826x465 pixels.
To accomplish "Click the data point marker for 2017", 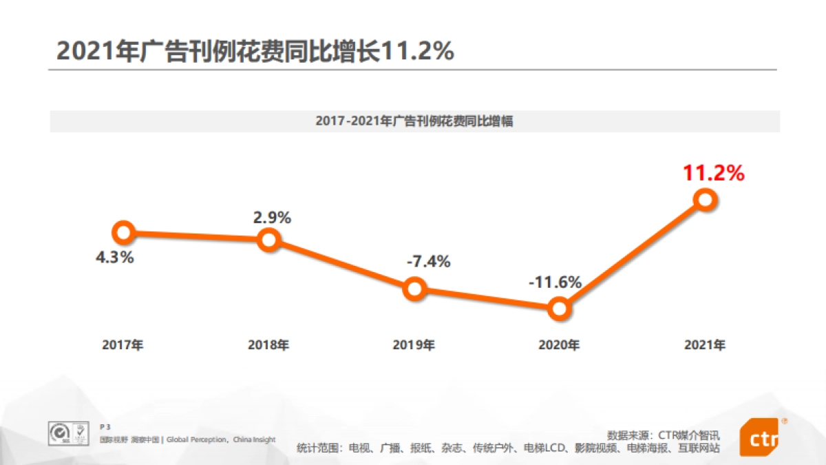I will tap(123, 233).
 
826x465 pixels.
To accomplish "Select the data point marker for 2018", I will tap(269, 240).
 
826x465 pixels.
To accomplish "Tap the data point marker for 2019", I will tap(414, 289).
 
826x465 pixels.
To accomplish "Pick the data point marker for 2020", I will tap(560, 309).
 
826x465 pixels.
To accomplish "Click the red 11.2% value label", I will tap(713, 174).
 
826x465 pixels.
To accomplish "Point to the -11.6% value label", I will tap(555, 282).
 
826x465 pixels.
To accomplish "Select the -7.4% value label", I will tap(428, 262).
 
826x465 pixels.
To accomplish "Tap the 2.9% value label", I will tap(272, 218).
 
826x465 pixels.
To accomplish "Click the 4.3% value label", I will tap(115, 259).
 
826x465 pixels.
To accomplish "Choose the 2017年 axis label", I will tap(123, 345).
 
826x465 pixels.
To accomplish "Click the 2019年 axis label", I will tap(414, 345).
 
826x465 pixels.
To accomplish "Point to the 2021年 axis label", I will tap(705, 345).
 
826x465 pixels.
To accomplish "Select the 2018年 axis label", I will tap(268, 345).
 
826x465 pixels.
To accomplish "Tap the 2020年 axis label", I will tap(559, 345).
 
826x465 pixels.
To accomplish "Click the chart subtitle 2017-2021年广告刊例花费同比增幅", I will tap(414, 121).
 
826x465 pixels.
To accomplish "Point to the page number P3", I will tap(105, 427).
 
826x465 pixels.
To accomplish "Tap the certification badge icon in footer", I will tap(69, 433).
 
